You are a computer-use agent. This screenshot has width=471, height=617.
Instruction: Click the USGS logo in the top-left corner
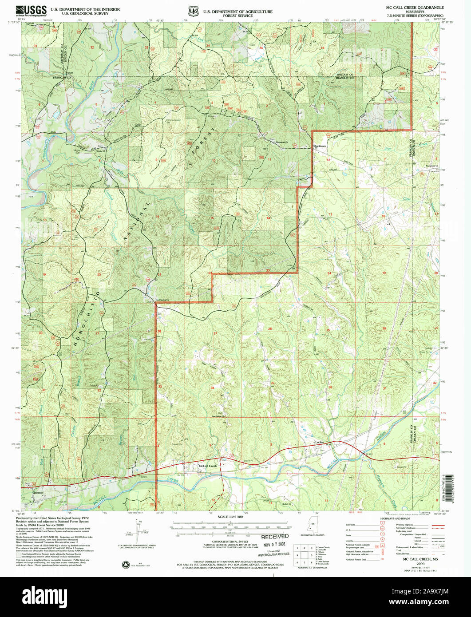(31, 11)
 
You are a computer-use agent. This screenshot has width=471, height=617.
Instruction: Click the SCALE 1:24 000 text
(230, 517)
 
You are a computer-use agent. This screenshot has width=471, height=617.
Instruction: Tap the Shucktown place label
(320, 146)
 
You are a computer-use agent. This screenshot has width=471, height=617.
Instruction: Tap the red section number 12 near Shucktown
(329, 159)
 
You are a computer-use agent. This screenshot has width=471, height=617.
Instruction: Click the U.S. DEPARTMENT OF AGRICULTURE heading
(238, 12)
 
